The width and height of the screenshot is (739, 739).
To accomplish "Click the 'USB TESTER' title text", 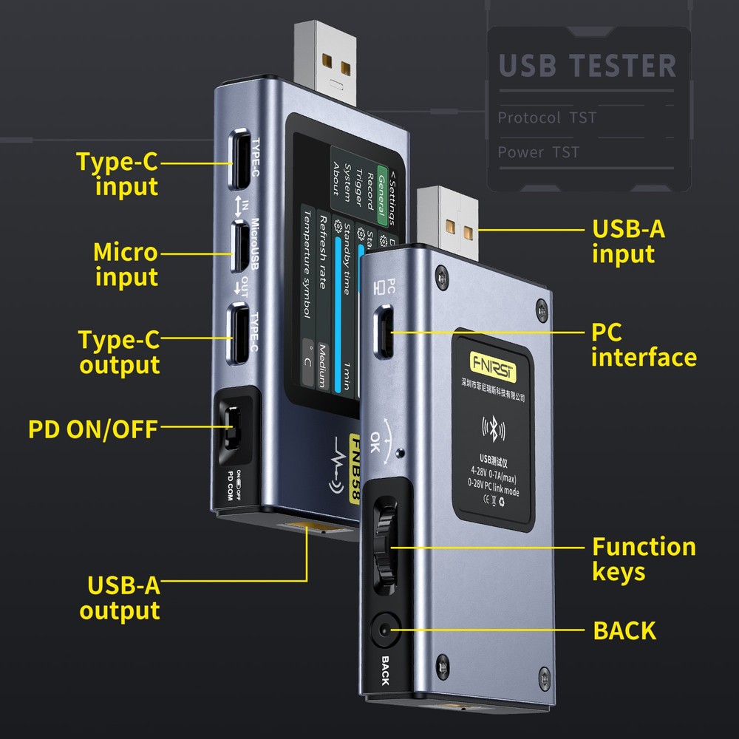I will pos(588,65).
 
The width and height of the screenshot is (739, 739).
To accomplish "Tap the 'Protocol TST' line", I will pos(547,118).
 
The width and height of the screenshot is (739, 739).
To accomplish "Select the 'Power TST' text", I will pos(539,152).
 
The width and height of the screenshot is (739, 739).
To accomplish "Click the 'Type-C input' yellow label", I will pos(118,174).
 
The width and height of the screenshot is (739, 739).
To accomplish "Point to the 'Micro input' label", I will pos(126,265).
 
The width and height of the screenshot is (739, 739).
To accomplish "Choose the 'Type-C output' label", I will pos(119,353).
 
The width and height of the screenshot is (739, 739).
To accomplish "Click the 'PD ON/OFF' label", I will pos(93,429).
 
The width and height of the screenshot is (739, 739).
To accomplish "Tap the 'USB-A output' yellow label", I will pos(121,598).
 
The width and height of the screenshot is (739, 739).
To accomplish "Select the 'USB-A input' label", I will pos(628,241).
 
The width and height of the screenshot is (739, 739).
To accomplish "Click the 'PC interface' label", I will pos(643,344).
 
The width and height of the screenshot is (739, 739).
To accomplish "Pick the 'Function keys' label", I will pos(643,559).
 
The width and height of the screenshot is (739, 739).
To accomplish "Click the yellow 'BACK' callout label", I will pos(624,630).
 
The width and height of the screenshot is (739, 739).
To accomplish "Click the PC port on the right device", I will pos(386,333).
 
